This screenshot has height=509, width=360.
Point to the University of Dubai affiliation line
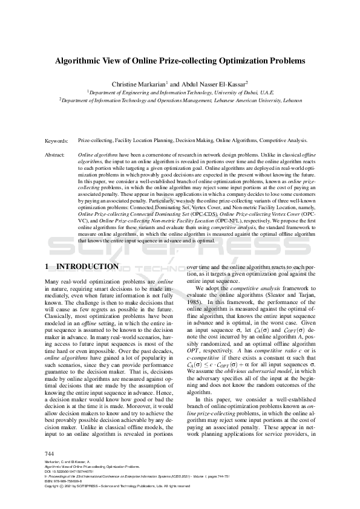pos(181,92)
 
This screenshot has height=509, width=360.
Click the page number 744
pos(50,453)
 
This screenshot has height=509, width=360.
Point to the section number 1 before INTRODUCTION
pos(48,267)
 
